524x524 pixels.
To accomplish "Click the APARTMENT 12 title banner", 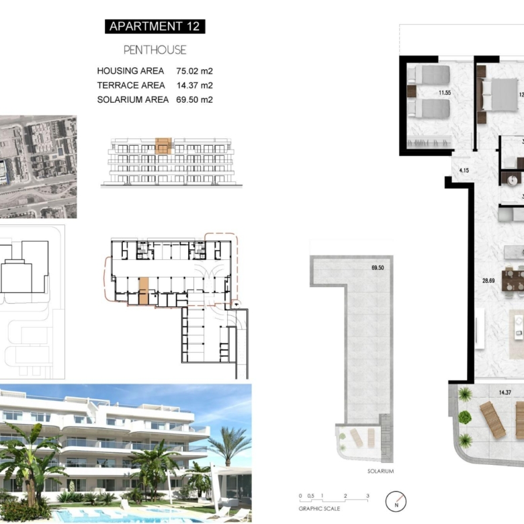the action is click(x=155, y=26).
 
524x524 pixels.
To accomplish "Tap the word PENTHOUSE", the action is click(x=155, y=50).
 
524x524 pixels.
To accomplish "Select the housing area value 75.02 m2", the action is click(x=195, y=71).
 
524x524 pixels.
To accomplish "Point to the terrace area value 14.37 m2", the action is click(x=195, y=85).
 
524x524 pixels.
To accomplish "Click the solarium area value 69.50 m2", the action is click(x=195, y=100).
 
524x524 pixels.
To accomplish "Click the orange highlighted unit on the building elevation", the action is click(x=163, y=146).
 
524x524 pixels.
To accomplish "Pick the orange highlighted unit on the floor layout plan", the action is click(x=143, y=291).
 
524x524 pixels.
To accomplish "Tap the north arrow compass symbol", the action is click(x=396, y=501).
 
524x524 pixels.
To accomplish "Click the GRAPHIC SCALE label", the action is click(x=319, y=509).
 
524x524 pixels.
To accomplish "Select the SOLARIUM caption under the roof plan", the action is click(x=381, y=471).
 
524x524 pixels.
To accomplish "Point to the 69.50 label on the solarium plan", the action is click(x=378, y=267).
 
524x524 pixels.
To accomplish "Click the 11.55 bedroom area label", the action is click(x=445, y=93).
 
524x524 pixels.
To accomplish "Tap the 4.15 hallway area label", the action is click(x=464, y=171).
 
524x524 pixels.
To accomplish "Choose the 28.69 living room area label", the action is click(x=488, y=281).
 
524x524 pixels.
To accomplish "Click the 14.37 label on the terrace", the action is click(x=505, y=393).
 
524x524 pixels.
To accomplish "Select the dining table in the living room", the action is click(x=513, y=281).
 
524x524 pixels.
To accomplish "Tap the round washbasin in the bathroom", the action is click(x=512, y=181).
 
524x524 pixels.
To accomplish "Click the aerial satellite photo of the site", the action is click(x=38, y=167).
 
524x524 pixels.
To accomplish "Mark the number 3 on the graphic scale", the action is click(x=367, y=496).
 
